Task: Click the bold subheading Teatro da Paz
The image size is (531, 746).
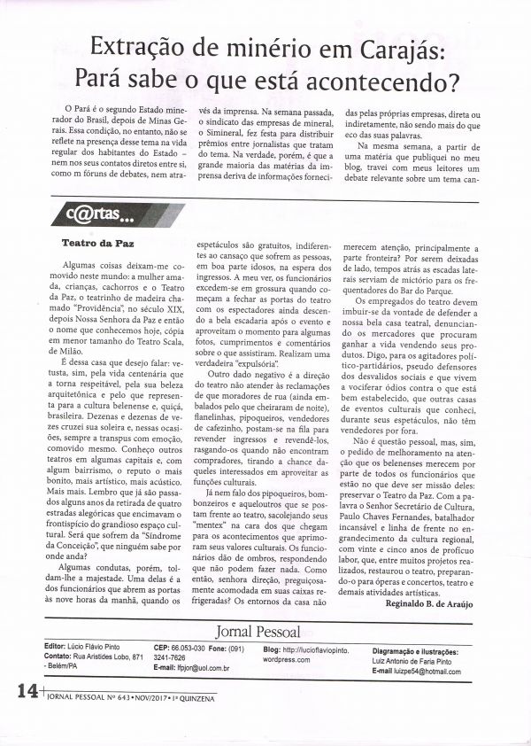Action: point(97,240)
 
